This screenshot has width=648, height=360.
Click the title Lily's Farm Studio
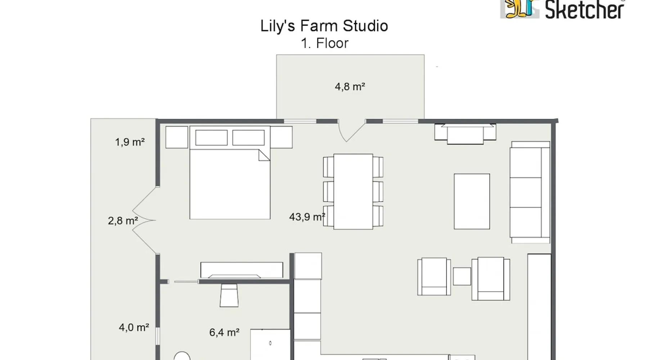pos(324,26)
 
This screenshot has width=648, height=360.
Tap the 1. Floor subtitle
pos(325,43)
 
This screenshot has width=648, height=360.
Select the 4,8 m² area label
pos(350,87)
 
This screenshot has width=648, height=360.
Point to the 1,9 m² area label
pos(130,142)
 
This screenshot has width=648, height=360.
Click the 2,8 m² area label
pos(123,221)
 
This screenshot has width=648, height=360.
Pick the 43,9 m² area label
pos(307,217)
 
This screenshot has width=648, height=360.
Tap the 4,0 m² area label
pos(134,327)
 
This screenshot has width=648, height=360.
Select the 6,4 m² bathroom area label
pos(224,332)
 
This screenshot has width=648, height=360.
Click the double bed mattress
pos(230,184)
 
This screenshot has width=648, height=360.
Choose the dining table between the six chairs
pos(353,192)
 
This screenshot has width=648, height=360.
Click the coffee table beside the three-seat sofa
pos(472,201)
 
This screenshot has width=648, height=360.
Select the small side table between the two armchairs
pos(462,276)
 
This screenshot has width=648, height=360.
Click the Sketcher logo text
pos(585,10)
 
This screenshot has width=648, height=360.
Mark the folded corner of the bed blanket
pos(265,155)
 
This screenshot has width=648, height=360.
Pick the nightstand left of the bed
pos(177,137)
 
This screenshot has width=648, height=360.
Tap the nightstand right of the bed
pos(281,137)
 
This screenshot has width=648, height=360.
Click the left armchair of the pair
pos(434,276)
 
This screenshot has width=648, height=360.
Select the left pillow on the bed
pos(211,138)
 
